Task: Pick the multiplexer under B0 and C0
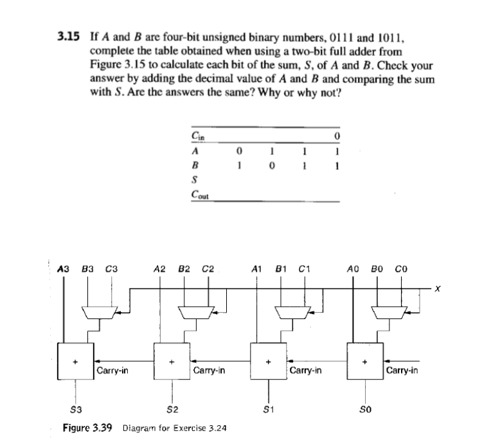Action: [x=385, y=312]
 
